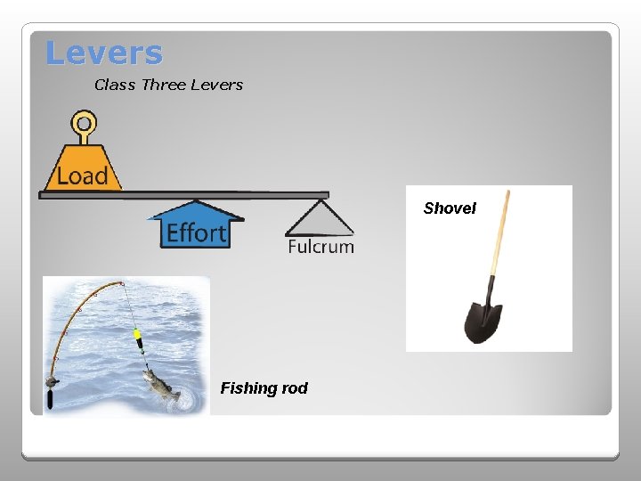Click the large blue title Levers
tap(104, 53)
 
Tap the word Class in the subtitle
tap(114, 86)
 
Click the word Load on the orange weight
tap(82, 175)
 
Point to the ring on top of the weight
tap(83, 122)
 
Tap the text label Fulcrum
tap(320, 247)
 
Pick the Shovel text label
tap(450, 208)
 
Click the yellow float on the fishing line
tap(138, 338)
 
